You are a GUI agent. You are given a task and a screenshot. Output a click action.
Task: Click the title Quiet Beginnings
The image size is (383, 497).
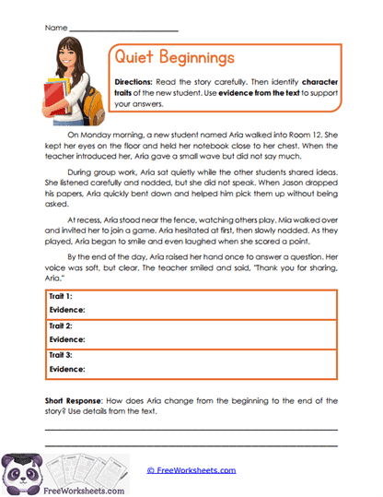point(173,57)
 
